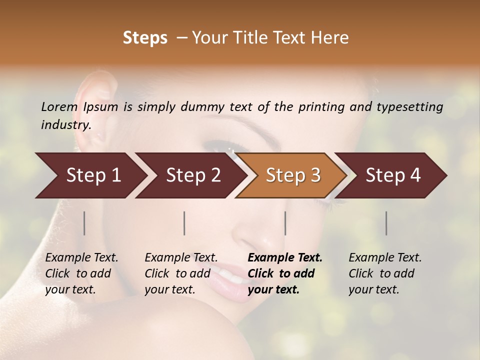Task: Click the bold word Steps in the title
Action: pos(145,38)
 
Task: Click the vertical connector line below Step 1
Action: pos(84,223)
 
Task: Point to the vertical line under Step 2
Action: pos(184,223)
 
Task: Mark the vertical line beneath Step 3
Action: pos(285,223)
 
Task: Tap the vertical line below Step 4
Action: pos(386,223)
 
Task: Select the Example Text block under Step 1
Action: pos(81,273)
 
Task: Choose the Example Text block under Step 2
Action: pos(181,273)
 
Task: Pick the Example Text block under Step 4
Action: pos(385,273)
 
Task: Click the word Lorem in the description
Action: pos(59,106)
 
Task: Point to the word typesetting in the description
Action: pos(409,107)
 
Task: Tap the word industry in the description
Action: pos(65,125)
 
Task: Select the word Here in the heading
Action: pos(331,38)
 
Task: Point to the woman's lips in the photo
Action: pos(227,277)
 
